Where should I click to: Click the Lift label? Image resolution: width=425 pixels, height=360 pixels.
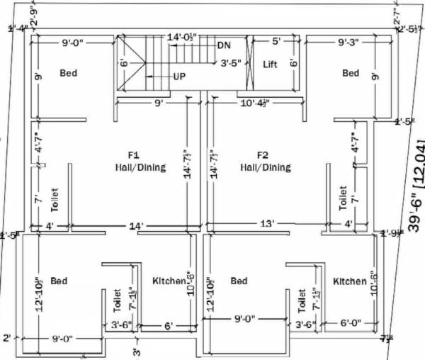[x=270, y=64]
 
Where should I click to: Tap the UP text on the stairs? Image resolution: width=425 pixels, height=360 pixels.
[x=180, y=76]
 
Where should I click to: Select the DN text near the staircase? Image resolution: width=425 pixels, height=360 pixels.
[x=225, y=45]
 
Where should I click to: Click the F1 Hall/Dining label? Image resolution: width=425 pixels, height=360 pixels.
[x=140, y=162]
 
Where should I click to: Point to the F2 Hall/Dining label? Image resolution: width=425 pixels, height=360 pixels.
[x=265, y=162]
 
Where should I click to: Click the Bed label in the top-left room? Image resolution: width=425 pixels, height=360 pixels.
[x=69, y=73]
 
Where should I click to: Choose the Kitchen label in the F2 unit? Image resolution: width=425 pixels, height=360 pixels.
[x=350, y=281]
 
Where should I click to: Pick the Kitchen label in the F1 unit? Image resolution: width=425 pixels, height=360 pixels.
[x=169, y=281]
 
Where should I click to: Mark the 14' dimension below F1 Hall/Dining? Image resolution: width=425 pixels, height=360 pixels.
[x=137, y=226]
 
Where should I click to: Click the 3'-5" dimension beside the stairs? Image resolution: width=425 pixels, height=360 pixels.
[x=231, y=62]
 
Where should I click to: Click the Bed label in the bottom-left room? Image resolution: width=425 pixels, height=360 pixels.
[x=59, y=281]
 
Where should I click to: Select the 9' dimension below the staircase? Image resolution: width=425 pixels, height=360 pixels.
[x=159, y=103]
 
